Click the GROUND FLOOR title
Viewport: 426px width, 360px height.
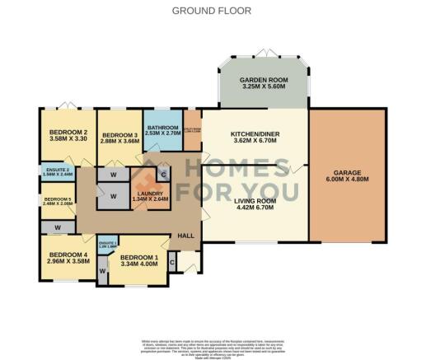point(212,11)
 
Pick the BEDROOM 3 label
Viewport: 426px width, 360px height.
point(119,136)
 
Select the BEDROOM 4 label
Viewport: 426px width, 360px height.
point(68,255)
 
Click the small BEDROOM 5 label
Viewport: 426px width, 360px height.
point(57,199)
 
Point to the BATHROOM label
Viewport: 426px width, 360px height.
point(162,128)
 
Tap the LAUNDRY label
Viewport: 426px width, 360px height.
point(149,194)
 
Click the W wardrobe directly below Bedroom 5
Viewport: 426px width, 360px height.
point(58,226)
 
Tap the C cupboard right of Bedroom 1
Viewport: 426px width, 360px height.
point(171,262)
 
